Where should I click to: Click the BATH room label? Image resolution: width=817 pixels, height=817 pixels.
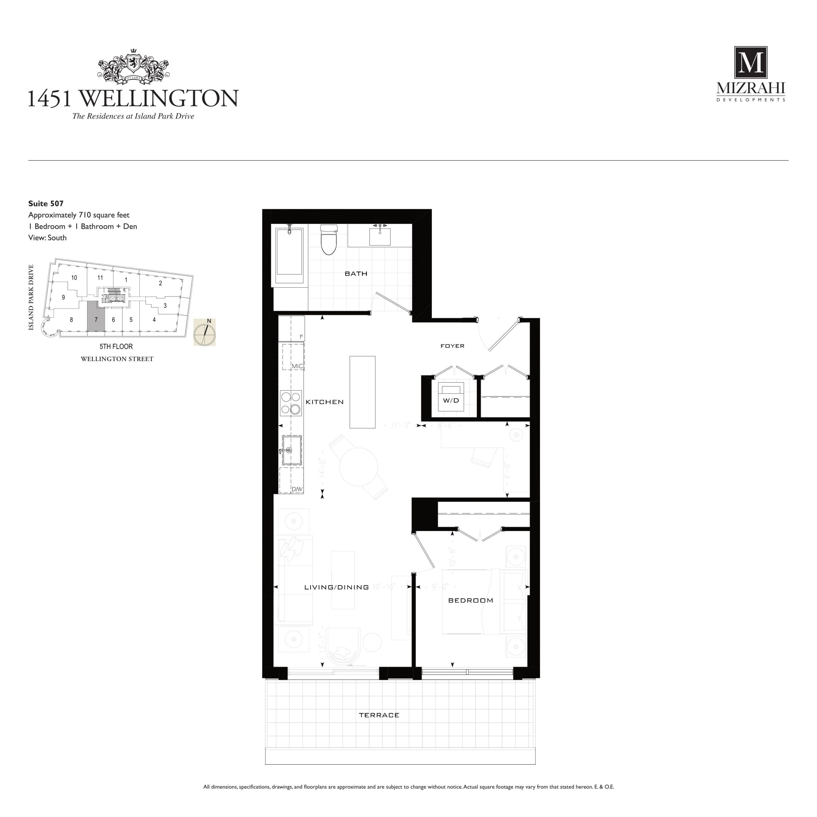356,274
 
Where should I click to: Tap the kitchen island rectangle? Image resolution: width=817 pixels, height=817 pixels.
363,392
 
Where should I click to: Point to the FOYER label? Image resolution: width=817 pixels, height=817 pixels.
452,346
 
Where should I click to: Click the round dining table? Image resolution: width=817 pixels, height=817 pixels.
359,467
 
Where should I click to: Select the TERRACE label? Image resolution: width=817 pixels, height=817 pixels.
379,715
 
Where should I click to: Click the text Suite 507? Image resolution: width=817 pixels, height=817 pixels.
46,203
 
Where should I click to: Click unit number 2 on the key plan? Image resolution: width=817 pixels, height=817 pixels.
160,283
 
